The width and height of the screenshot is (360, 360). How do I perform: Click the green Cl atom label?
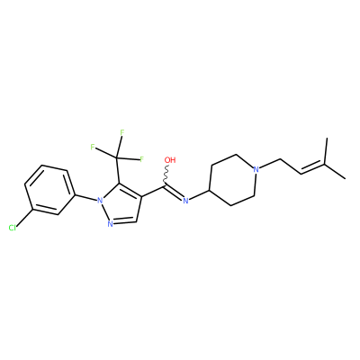pyautogui.click(x=13, y=229)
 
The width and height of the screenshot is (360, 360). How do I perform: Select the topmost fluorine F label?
pyautogui.click(x=121, y=132)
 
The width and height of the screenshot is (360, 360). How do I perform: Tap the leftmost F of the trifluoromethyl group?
pyautogui.click(x=93, y=147)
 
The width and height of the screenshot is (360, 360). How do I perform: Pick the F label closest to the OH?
pyautogui.click(x=142, y=159)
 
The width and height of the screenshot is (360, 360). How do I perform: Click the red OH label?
pyautogui.click(x=170, y=160)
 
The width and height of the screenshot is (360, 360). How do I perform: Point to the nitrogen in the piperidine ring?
pyautogui.click(x=256, y=169)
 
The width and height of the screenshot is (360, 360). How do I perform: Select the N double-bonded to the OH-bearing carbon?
pyautogui.click(x=185, y=201)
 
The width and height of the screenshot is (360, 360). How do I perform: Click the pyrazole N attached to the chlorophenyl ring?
pyautogui.click(x=99, y=201)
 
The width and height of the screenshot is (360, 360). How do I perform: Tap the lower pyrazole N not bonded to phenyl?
pyautogui.click(x=110, y=224)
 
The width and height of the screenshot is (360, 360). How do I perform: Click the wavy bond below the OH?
pyautogui.click(x=166, y=175)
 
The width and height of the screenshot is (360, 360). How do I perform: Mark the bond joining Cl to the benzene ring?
pyautogui.click(x=24, y=217)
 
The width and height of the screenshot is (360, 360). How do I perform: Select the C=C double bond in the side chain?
pyautogui.click(x=313, y=168)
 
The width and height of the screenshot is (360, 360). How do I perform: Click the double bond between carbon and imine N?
pyautogui.click(x=173, y=192)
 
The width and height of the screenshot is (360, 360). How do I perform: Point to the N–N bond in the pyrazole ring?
pyautogui.click(x=104, y=212)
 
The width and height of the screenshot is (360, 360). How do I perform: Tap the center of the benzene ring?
pyautogui.click(x=49, y=190)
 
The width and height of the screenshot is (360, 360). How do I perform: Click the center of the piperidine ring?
pyautogui.click(x=233, y=180)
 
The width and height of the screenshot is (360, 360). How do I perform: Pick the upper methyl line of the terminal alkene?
pyautogui.click(x=326, y=151)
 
